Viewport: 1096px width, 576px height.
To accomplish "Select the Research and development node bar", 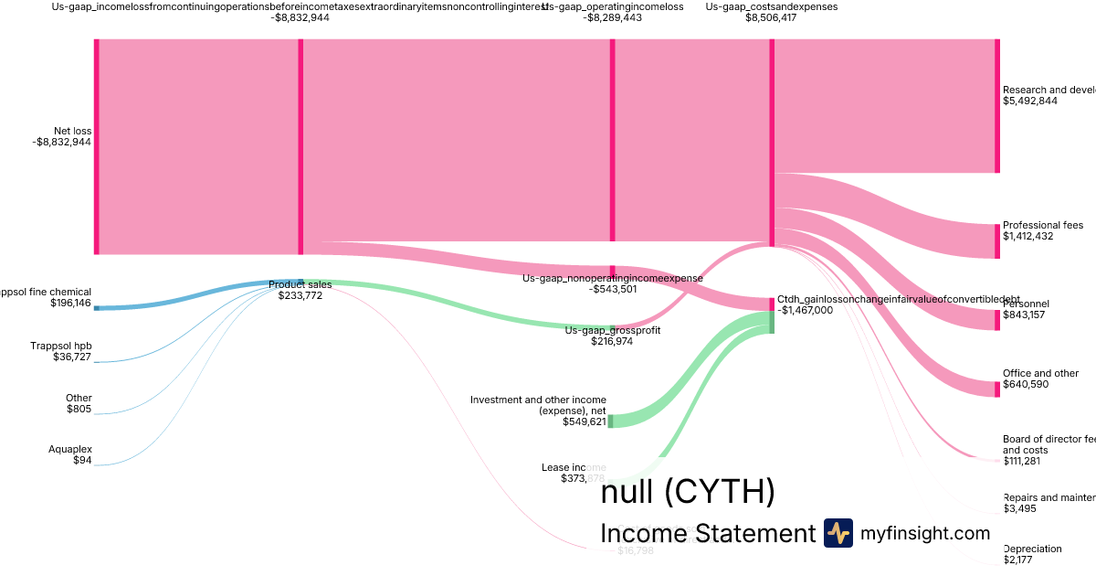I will [996, 105].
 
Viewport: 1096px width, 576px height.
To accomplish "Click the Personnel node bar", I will [996, 319].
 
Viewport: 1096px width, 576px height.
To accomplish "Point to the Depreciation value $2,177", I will [1018, 560].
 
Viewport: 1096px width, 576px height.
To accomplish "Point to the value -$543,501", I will [612, 289].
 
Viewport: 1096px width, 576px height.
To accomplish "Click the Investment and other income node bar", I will [611, 421].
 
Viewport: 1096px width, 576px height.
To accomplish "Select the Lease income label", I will [574, 467].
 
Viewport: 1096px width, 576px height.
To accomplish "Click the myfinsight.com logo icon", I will [838, 532].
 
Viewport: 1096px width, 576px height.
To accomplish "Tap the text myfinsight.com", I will [924, 533].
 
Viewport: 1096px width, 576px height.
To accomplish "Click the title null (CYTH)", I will [688, 492].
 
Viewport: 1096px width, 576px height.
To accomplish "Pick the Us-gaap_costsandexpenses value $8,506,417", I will [771, 17].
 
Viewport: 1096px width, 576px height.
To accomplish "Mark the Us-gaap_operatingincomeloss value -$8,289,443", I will [612, 17].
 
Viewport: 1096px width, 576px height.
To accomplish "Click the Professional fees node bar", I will [996, 241].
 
